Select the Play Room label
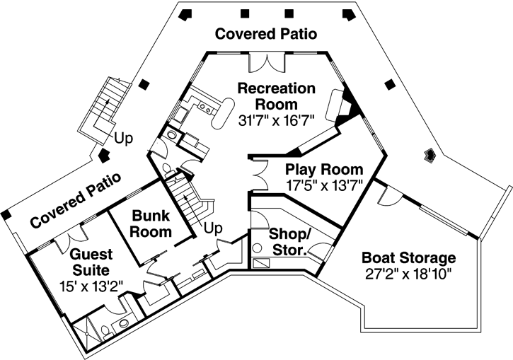[324, 170]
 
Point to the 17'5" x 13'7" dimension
[325, 187]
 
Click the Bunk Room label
[151, 223]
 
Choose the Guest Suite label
[89, 262]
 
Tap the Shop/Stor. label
[287, 242]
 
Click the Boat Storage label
[408, 257]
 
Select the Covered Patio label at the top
[265, 33]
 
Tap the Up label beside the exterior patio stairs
[124, 139]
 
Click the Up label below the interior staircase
[214, 228]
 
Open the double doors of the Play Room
[257, 174]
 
